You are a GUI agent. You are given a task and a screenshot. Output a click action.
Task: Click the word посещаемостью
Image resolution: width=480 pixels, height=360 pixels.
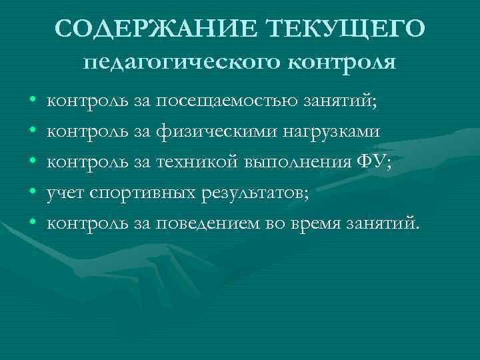[x=232, y=102]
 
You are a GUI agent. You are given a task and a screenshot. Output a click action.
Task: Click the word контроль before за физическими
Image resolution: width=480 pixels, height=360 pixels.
[x=87, y=132]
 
